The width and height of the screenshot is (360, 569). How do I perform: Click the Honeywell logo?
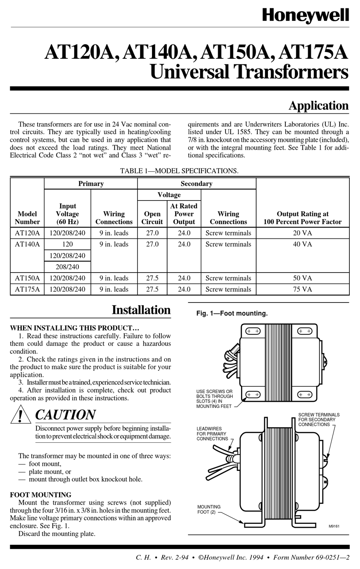click(305, 16)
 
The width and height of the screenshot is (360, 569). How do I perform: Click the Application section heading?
click(318, 106)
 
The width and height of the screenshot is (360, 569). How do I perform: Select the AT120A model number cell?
click(27, 233)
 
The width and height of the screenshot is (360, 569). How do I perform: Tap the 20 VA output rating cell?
click(302, 233)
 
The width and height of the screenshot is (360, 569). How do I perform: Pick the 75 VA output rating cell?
click(302, 289)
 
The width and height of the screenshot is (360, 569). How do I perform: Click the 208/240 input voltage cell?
click(67, 267)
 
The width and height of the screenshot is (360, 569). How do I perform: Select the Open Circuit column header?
click(152, 218)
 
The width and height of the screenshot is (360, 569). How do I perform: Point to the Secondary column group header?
click(196, 184)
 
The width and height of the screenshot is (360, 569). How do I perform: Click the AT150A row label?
click(27, 278)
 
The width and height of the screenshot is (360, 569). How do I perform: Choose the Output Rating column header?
click(302, 218)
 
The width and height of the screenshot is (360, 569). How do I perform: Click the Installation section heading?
click(141, 310)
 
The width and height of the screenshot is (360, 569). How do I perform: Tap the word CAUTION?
click(66, 415)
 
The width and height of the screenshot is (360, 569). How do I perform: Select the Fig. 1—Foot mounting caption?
click(232, 313)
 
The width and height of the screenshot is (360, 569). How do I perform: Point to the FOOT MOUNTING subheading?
click(41, 495)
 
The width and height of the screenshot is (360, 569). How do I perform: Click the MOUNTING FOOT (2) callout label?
click(209, 509)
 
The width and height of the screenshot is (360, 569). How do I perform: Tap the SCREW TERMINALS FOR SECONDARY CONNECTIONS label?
click(319, 420)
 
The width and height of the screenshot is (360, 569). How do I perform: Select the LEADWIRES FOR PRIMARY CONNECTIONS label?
click(212, 434)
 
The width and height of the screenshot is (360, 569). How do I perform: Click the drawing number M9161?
click(334, 526)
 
